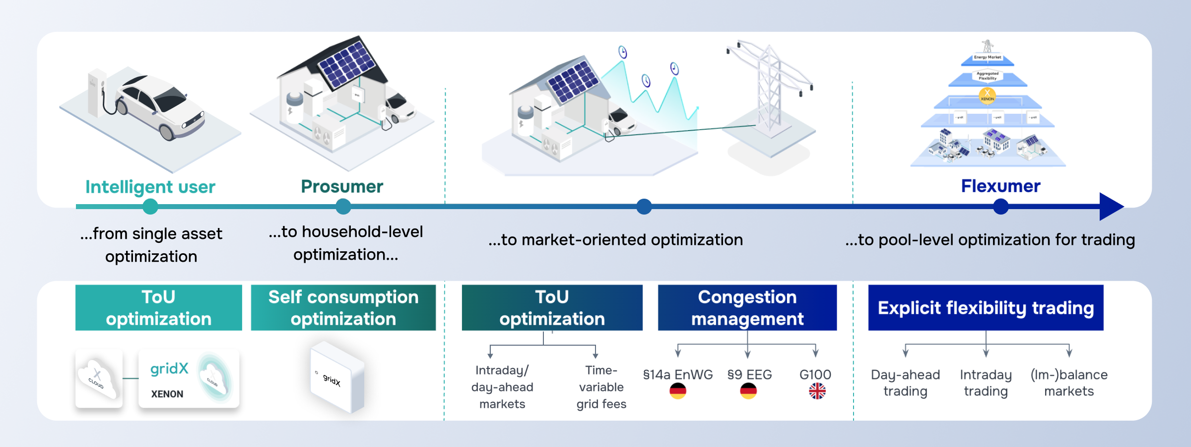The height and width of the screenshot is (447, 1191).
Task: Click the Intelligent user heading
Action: coord(150,187)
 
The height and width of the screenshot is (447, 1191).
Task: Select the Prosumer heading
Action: coord(342,187)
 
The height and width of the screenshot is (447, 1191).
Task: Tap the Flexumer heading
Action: coord(1000,186)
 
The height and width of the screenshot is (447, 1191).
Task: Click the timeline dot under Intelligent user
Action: coord(150,207)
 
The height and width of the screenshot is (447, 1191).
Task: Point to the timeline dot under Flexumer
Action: coord(1001,207)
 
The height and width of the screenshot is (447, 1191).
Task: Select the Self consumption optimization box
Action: coord(343,308)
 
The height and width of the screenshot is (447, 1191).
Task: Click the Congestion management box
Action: coord(747,308)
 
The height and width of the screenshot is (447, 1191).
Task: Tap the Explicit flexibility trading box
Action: coord(986,308)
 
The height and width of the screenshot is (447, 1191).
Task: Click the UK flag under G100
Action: coord(817,391)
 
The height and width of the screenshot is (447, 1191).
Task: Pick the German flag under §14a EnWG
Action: coord(678,391)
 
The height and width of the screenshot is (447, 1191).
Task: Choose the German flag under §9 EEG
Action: coord(748,391)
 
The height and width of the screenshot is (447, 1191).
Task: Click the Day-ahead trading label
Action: coord(905,383)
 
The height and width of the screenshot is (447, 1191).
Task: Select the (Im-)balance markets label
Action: coord(1069,383)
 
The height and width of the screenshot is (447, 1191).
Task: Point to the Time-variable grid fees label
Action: coord(601,387)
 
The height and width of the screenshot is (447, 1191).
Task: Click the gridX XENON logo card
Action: coord(189,379)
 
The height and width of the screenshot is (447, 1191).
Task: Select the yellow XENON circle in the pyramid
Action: coord(987,95)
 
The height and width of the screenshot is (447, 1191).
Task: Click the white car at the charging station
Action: coord(159,107)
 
